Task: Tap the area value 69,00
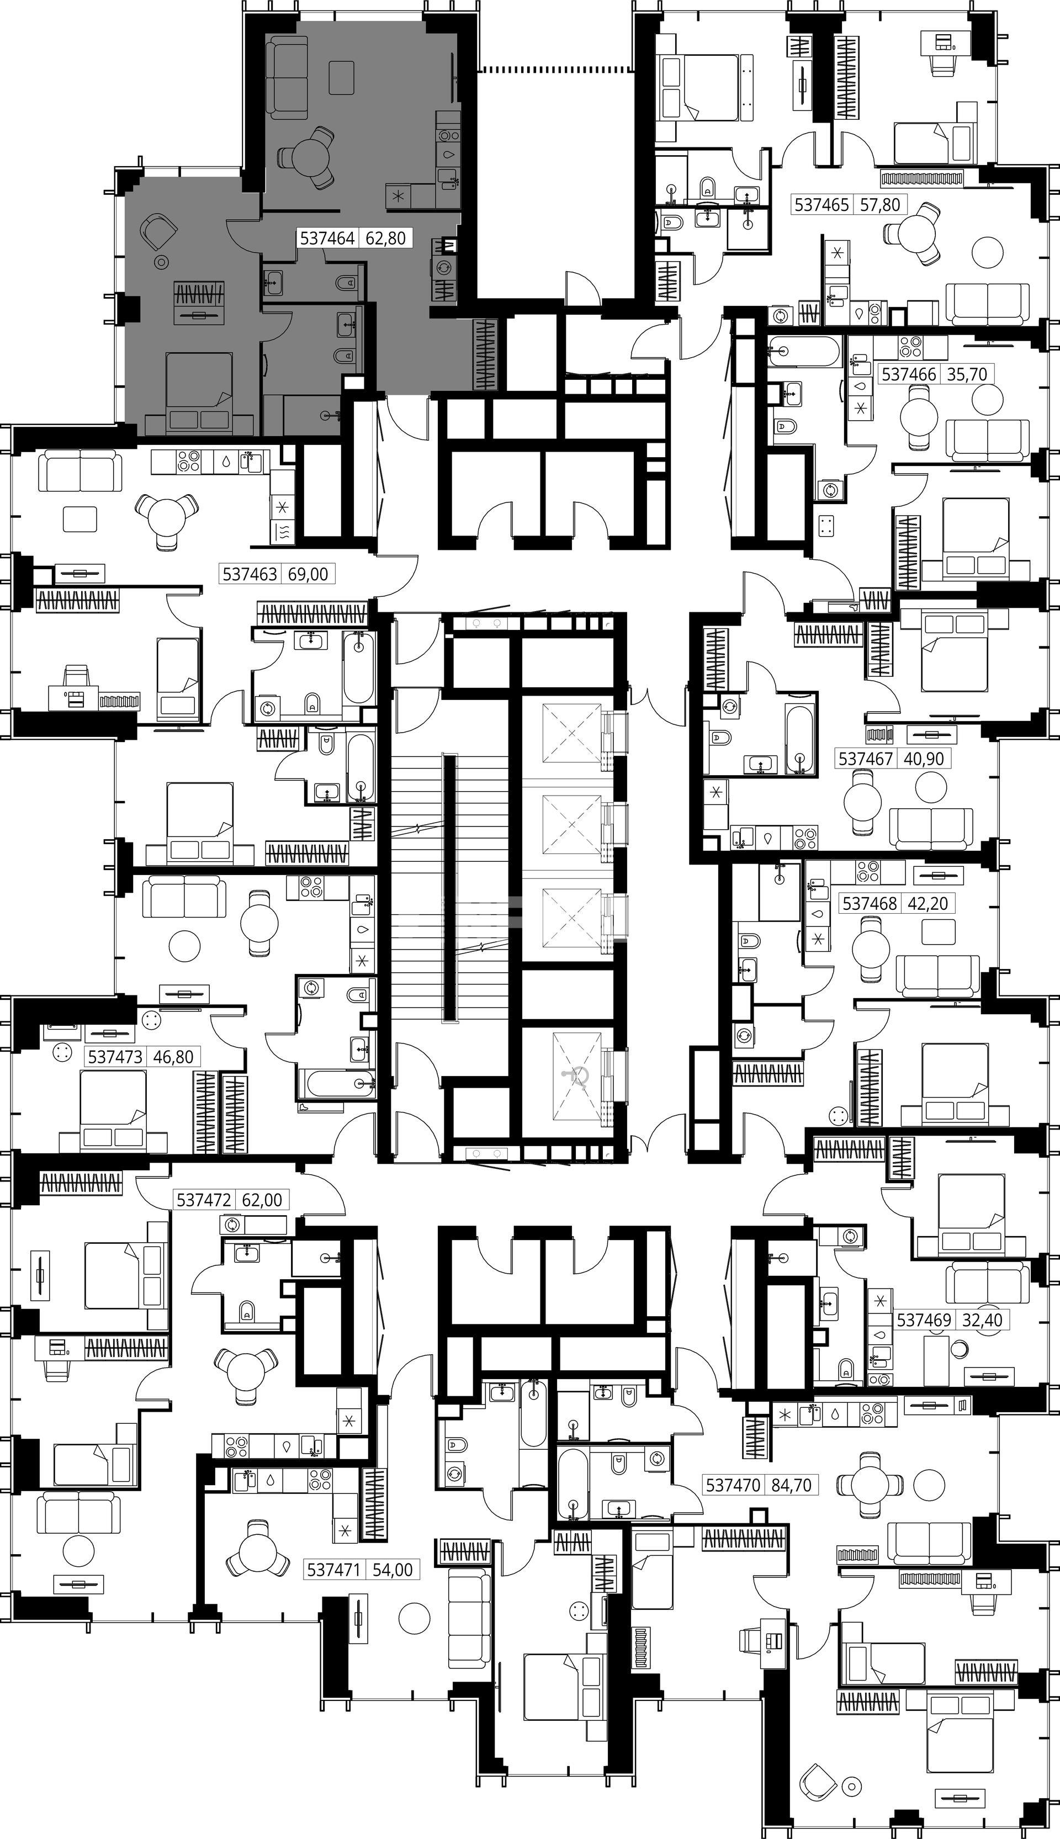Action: point(308,574)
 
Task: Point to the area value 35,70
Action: point(966,375)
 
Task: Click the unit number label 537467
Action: point(866,759)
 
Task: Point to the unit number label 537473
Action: point(115,1056)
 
